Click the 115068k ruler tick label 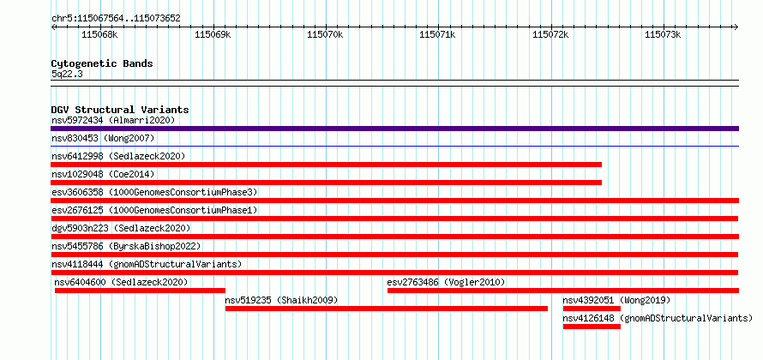click(x=99, y=34)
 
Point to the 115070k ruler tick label click(x=325, y=34)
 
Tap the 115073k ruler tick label click(x=663, y=34)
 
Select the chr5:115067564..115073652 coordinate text click(x=116, y=19)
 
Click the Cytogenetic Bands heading click(x=102, y=63)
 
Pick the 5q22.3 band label click(x=67, y=74)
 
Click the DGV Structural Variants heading click(x=120, y=110)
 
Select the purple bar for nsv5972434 click(x=394, y=129)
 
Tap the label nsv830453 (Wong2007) click(x=103, y=138)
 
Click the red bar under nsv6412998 click(x=326, y=165)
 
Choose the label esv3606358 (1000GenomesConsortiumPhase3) click(x=154, y=192)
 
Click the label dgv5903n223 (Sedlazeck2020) click(x=121, y=228)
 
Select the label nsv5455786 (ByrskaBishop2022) click(x=126, y=246)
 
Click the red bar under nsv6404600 click(x=140, y=291)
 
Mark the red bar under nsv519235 click(x=387, y=309)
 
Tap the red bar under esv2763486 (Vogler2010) click(x=563, y=291)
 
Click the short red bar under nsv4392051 click(x=592, y=309)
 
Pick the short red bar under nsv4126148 click(x=592, y=327)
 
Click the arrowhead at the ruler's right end click(x=736, y=27)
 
